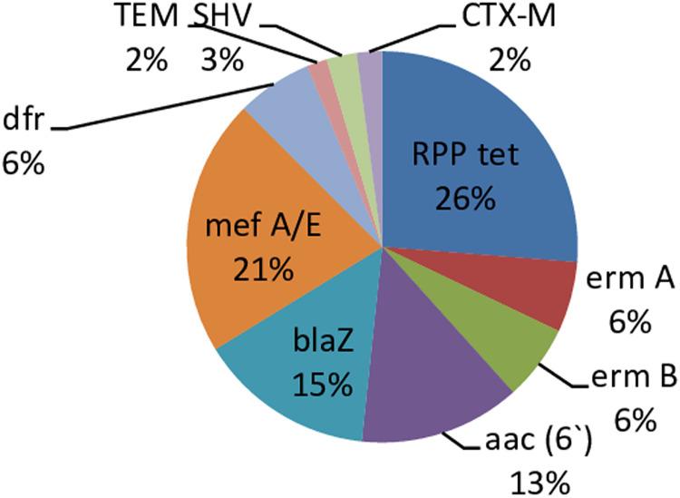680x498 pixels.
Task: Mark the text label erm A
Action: (631, 285)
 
